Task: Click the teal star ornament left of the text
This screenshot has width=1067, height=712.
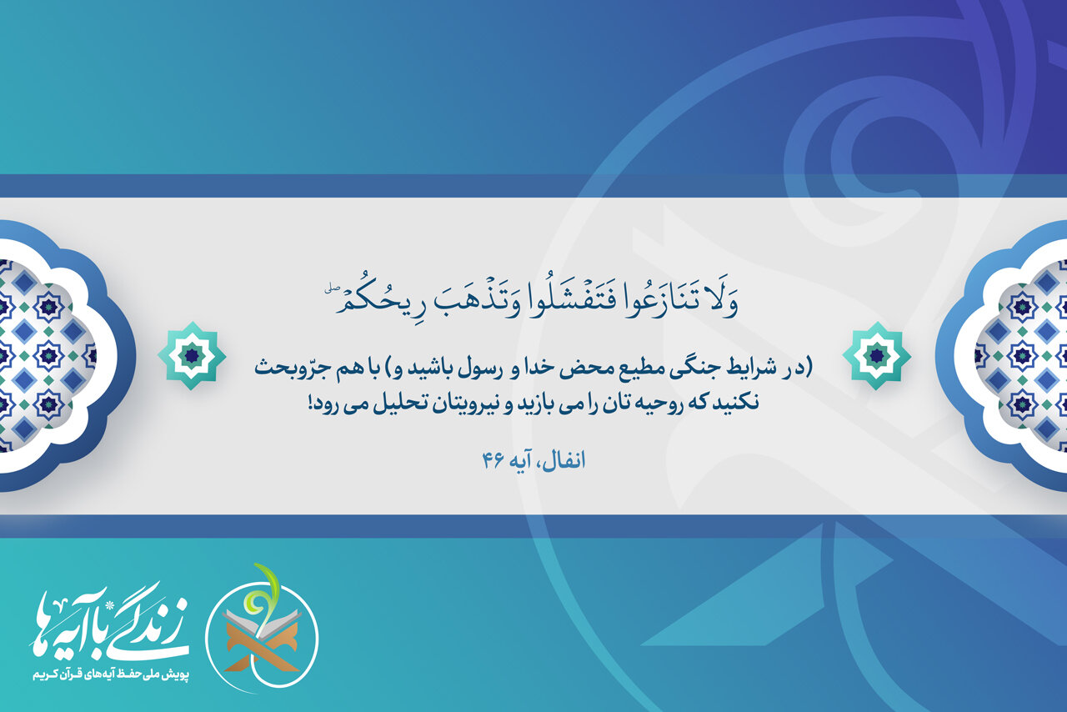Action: tap(192, 355)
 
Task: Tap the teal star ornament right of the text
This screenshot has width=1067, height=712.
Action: tap(876, 355)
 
